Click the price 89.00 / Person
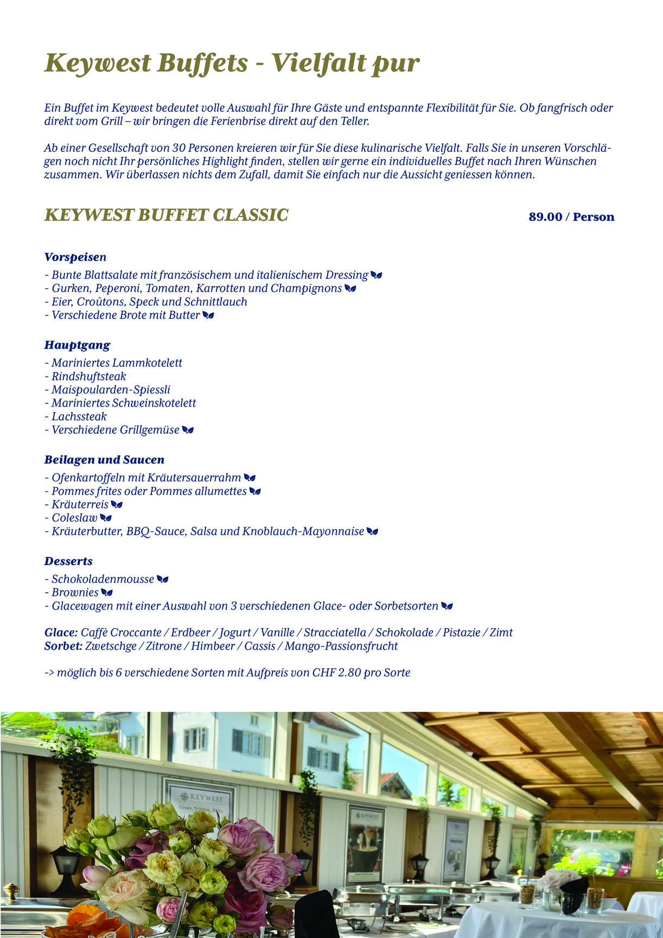click(x=571, y=217)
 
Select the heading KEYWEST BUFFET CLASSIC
click(x=166, y=216)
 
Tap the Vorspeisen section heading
click(x=75, y=257)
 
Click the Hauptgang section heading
click(x=77, y=345)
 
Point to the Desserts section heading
click(x=68, y=561)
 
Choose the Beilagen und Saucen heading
click(x=104, y=460)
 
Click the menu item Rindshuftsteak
click(x=89, y=376)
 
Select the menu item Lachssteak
click(x=79, y=416)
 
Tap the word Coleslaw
click(x=74, y=518)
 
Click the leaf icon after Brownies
click(x=107, y=593)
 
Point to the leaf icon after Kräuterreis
click(x=117, y=505)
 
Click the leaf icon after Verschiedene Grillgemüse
click(x=188, y=430)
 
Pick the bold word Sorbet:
click(x=63, y=646)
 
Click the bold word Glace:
click(x=61, y=632)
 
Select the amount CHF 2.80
click(x=336, y=673)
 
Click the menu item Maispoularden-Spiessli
click(x=111, y=390)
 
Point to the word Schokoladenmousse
click(x=103, y=579)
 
